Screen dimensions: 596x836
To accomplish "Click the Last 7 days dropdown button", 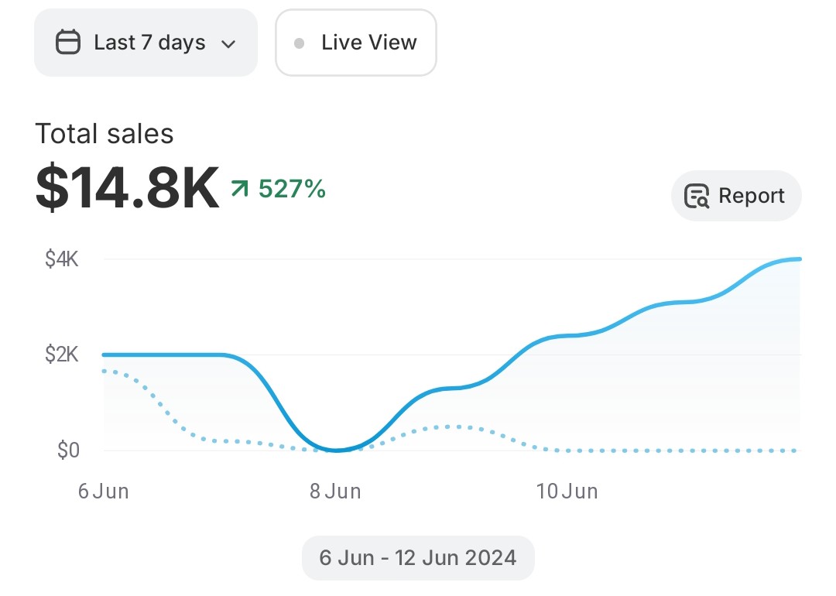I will click(146, 43).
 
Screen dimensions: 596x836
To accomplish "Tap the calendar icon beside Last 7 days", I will click(68, 43).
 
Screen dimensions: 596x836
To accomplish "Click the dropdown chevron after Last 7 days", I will click(228, 44).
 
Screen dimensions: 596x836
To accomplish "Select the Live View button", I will click(356, 43).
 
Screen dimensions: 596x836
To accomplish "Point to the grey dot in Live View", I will click(299, 43).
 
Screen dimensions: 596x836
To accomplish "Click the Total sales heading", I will click(104, 134).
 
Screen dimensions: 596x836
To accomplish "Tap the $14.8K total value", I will click(127, 188).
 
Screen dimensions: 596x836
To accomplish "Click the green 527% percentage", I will click(292, 188).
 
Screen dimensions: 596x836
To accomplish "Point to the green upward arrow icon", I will click(240, 188).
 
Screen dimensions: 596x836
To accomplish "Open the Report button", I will click(735, 196).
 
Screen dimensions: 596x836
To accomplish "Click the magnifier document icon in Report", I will click(697, 197).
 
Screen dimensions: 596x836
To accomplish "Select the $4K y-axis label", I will click(62, 259).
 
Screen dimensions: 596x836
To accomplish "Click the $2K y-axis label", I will click(62, 355).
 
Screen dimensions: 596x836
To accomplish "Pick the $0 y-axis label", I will click(68, 450).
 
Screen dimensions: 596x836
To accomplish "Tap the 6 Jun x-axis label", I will click(103, 492).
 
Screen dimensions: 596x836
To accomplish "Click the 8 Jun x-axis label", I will click(335, 492).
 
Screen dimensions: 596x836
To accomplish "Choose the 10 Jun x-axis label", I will click(567, 492).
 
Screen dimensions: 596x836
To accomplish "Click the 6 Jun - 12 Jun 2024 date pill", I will click(418, 558).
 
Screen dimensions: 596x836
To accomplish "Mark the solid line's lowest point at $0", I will click(336, 450).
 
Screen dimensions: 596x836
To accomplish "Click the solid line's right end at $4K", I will click(798, 259).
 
